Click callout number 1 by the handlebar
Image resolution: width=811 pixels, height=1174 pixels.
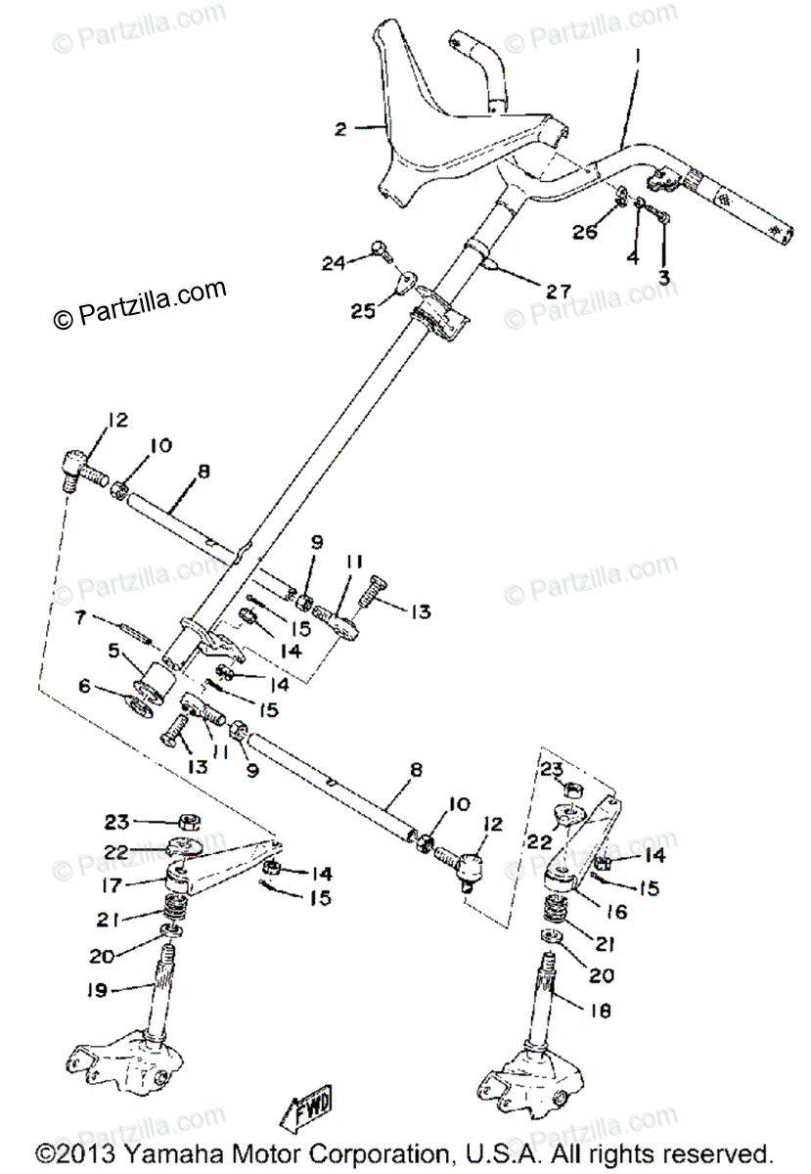point(639,57)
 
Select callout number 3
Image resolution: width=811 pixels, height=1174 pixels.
point(663,277)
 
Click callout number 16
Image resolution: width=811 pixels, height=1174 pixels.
point(616,911)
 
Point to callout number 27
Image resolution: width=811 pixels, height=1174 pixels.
point(557,292)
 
